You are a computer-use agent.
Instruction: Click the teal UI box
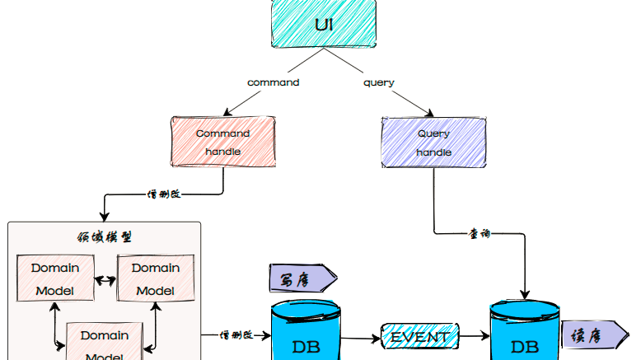324,23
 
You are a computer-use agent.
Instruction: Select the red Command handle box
222,142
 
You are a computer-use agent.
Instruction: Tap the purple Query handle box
433,143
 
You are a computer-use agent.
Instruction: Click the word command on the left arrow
274,82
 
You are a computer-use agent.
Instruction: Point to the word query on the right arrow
379,82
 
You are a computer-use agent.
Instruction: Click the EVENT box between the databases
419,336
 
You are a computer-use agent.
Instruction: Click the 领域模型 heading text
104,237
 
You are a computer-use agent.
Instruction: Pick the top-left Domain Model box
55,278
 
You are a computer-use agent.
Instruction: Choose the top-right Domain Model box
156,278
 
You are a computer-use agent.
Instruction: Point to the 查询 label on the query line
480,234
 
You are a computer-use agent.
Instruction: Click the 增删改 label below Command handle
164,195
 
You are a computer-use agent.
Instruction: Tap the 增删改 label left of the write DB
236,335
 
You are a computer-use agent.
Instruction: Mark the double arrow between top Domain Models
105,280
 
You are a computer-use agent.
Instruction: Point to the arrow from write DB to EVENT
361,337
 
